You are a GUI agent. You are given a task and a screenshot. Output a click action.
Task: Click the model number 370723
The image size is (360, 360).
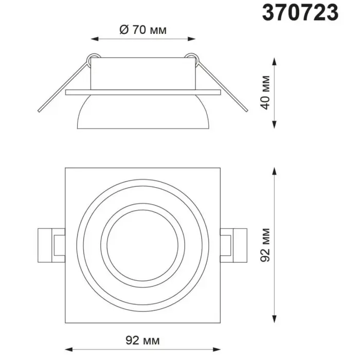coord(300,13)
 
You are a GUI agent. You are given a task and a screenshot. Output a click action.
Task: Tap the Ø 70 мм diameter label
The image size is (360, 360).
coord(143,30)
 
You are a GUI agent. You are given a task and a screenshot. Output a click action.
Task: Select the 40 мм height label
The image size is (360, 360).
coord(265,92)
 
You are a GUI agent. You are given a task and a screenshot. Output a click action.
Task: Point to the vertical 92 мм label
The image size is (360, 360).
coord(265,245)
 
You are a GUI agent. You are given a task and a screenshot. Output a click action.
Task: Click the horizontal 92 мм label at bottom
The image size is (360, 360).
coord(142,340)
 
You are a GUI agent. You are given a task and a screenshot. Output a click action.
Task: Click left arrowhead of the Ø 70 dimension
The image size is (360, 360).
coord(95,39)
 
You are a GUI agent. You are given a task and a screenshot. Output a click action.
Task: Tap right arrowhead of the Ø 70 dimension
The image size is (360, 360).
coord(191,39)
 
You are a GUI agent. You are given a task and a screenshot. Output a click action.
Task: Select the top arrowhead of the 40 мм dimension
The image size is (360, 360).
coord(274,62)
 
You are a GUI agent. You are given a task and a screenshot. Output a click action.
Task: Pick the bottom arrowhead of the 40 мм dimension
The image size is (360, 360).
coord(274,124)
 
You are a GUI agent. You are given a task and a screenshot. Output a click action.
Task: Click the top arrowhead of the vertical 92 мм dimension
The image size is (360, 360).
coord(274,171)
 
